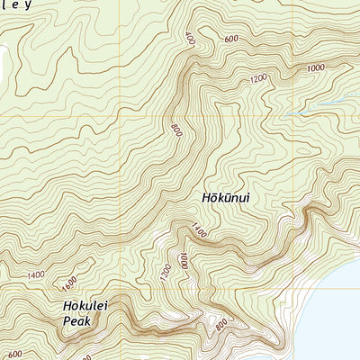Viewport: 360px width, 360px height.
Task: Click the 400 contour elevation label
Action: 190,40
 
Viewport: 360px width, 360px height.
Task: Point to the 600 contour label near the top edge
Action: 231,39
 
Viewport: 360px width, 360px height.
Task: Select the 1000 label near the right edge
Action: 315,68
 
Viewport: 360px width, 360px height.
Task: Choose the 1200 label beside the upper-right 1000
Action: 258,79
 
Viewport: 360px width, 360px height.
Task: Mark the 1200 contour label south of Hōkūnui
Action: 165,269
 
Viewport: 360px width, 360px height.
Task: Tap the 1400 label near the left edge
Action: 36,274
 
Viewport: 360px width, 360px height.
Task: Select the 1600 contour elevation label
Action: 69,283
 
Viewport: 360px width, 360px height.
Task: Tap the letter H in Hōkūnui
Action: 203,196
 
